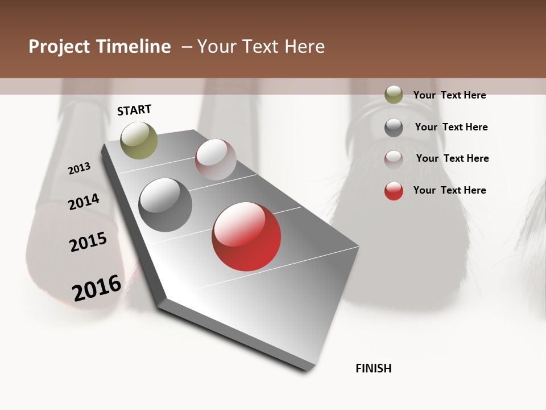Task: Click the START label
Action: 134,110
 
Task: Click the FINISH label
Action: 374,368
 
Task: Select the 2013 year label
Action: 79,169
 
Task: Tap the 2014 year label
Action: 84,202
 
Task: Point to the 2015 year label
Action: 88,242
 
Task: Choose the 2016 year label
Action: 97,288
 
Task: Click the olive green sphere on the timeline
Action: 139,140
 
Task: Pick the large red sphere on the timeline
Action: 246,236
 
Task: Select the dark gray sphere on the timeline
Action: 166,205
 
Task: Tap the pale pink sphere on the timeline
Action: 216,159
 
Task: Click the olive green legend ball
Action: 394,95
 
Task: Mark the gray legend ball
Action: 394,128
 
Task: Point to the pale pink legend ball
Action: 394,159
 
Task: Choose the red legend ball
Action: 394,191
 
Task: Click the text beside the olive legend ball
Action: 449,95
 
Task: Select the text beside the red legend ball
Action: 449,190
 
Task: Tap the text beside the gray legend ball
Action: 451,127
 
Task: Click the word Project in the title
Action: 59,47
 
